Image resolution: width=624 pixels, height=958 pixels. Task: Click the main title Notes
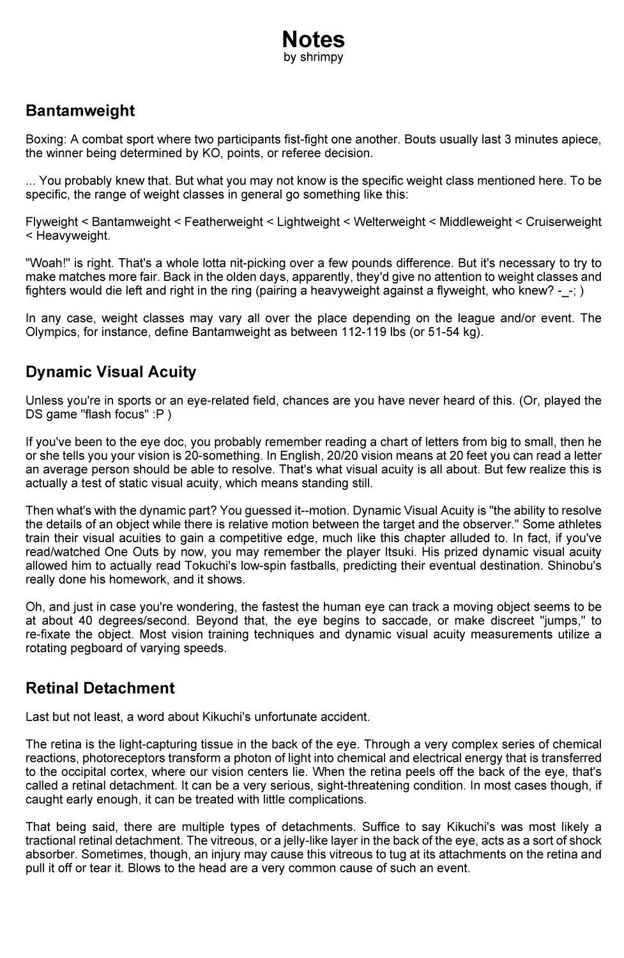313,40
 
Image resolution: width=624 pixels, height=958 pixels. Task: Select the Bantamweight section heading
80,110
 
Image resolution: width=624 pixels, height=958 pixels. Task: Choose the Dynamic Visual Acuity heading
110,372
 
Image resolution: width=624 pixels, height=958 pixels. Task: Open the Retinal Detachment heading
100,688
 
